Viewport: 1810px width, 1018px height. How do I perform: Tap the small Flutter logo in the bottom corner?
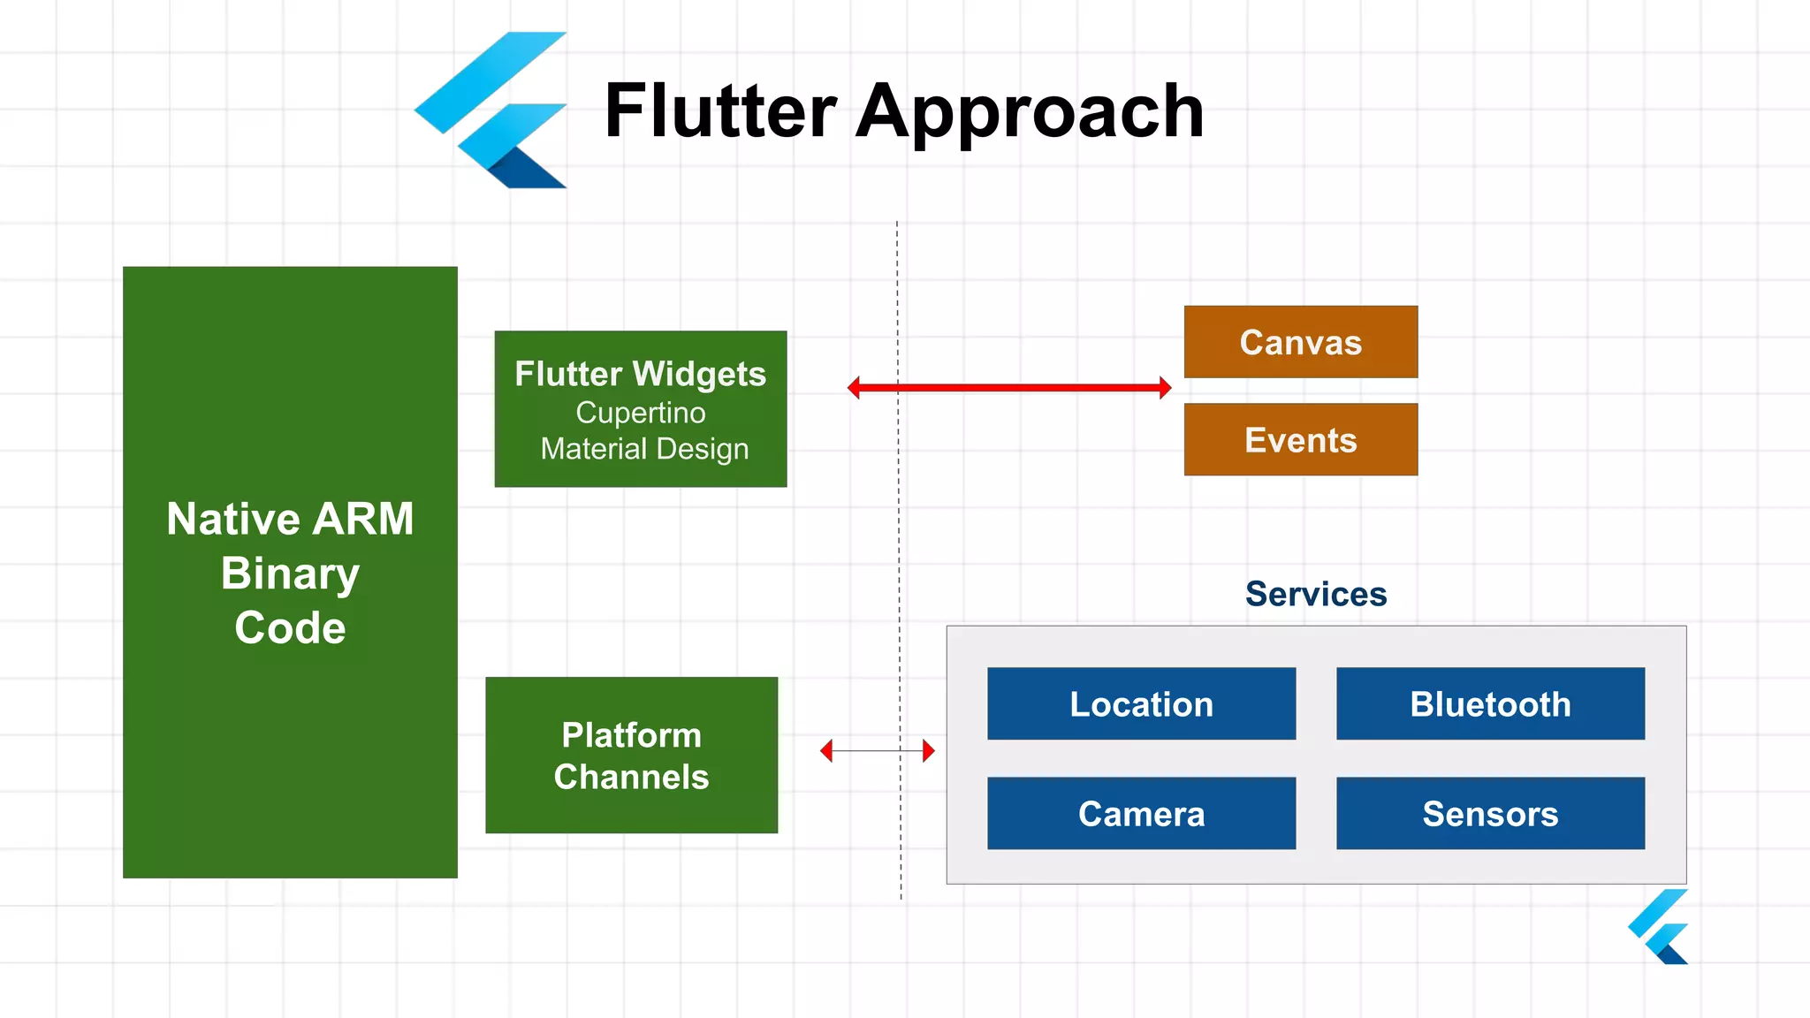[1659, 928]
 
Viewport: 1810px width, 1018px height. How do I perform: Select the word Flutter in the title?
[719, 110]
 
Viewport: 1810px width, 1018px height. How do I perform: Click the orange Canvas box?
[1300, 342]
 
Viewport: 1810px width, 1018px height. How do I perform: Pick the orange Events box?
[1300, 440]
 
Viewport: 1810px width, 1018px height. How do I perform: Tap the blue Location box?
[1141, 703]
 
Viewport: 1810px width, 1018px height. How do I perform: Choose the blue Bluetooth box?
[1490, 703]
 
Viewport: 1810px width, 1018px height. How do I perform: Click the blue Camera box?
[1141, 813]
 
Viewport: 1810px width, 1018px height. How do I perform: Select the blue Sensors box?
[1490, 813]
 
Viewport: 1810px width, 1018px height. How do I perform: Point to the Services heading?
[1315, 594]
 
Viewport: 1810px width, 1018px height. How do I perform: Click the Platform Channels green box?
[631, 756]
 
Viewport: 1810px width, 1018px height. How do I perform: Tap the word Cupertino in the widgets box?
[641, 413]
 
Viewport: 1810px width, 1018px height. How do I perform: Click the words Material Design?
[644, 449]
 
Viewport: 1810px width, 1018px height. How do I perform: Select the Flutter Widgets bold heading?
[640, 374]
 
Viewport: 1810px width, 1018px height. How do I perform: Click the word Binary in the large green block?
[290, 574]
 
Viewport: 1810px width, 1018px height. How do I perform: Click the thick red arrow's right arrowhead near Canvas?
[1165, 388]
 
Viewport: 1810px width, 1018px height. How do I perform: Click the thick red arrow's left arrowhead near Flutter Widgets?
[854, 388]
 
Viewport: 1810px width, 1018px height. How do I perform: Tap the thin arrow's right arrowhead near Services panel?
[929, 751]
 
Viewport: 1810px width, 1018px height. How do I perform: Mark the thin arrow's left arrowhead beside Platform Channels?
[826, 751]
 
